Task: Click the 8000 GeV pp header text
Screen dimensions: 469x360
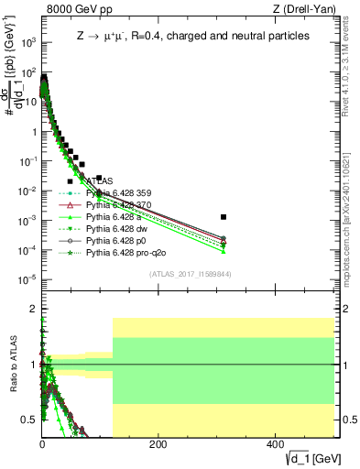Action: pos(71,10)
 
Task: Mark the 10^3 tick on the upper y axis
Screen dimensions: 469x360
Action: pos(28,42)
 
